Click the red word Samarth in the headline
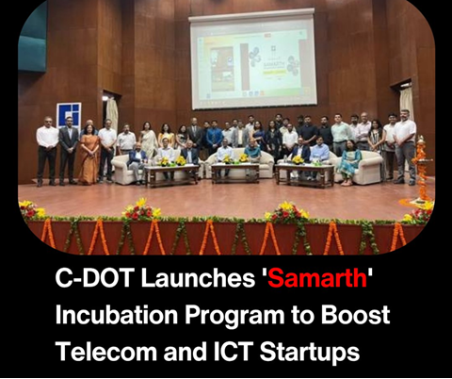317,278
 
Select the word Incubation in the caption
117,315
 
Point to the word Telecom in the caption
106,351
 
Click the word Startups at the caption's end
310,353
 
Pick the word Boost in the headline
355,315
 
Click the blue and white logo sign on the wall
69,115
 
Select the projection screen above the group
252,60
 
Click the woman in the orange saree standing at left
89,155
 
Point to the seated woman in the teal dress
348,162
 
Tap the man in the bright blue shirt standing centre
215,136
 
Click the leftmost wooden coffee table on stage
171,175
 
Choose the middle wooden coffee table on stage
235,173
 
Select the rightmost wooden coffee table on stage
305,174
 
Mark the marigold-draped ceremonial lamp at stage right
422,170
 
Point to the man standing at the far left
47,151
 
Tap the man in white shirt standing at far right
405,146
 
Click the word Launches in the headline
198,278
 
